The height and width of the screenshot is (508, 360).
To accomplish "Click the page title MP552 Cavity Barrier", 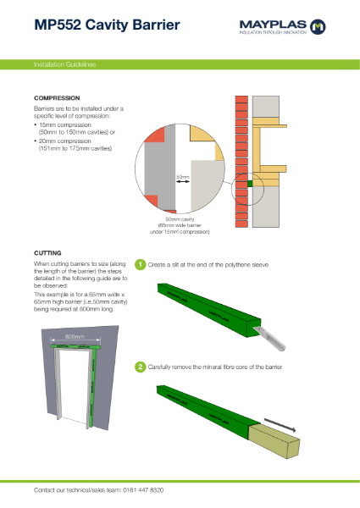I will (107, 25).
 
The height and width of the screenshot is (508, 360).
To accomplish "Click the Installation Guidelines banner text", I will (64, 64).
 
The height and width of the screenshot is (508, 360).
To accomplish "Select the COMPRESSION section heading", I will (57, 97).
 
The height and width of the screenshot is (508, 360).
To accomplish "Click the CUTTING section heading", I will (47, 252).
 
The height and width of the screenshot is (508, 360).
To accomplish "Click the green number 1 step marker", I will (141, 265).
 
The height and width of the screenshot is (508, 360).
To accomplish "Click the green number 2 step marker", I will (141, 367).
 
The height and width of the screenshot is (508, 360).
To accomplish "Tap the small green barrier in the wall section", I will (251, 182).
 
